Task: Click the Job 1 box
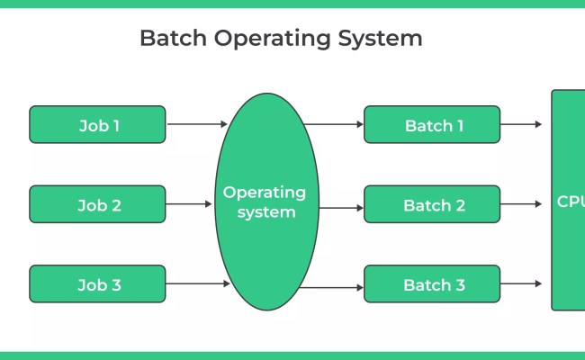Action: (x=97, y=124)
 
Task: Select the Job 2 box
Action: (x=97, y=204)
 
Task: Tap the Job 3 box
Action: (x=97, y=283)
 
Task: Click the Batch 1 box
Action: (x=432, y=124)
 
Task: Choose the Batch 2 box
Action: (x=432, y=204)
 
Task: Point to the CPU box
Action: (x=568, y=200)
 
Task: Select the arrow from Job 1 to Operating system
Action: (x=197, y=124)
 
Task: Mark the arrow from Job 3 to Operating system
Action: (x=197, y=283)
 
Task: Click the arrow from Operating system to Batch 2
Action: (x=340, y=207)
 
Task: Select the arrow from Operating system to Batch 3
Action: (x=333, y=288)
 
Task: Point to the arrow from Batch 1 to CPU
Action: (x=521, y=124)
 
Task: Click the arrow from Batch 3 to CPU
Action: (x=521, y=283)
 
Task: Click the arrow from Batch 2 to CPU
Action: (x=521, y=204)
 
